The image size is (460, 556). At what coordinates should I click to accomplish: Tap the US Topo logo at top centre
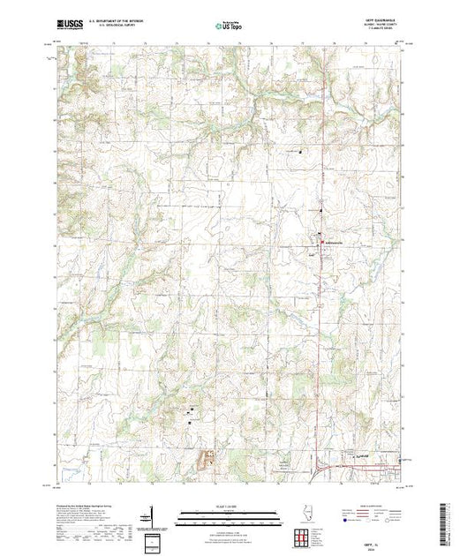[x=229, y=27]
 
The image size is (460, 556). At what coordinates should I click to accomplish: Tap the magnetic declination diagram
[x=153, y=515]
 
